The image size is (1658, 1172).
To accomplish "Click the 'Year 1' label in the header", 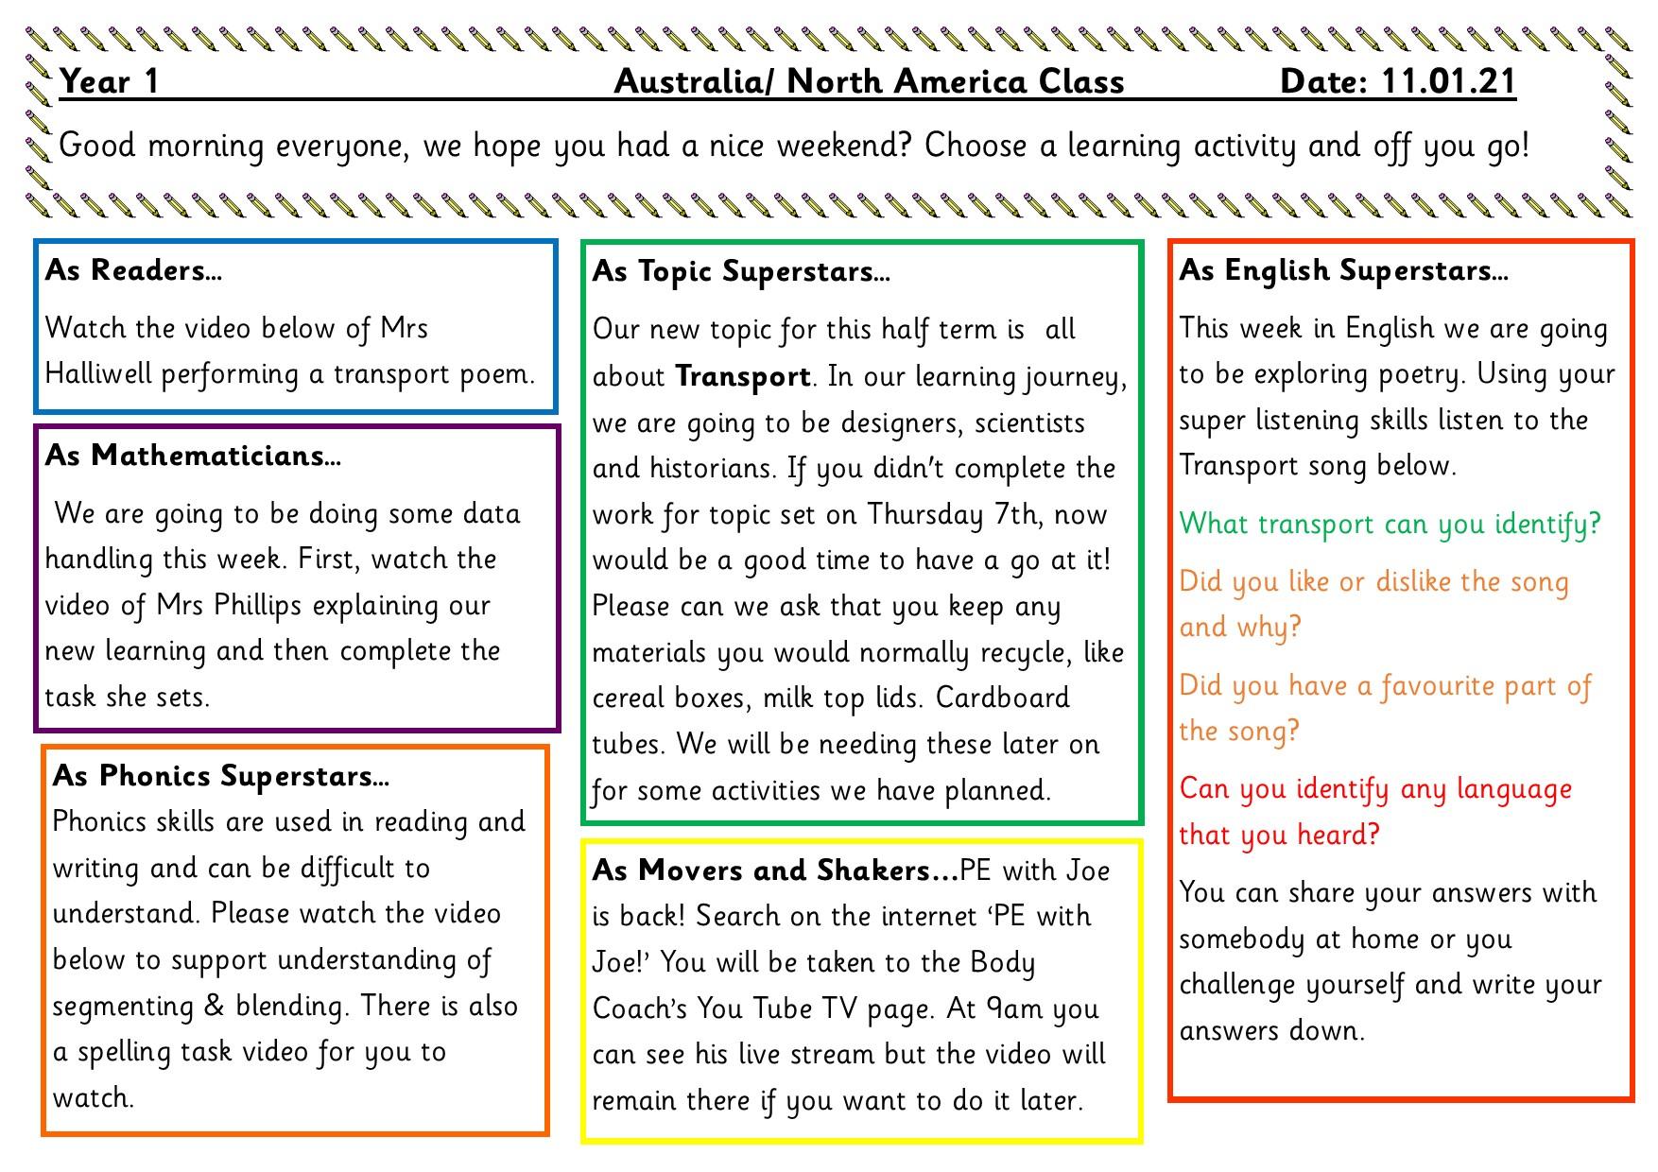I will (x=109, y=82).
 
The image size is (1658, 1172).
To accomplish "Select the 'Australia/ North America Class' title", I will (x=869, y=82).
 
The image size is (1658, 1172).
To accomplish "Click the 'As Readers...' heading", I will (x=133, y=271).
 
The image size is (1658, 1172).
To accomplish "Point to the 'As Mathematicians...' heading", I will (x=193, y=457).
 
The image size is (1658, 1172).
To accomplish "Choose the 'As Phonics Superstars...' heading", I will (x=220, y=776).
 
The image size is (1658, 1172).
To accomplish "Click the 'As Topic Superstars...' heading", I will (x=741, y=272).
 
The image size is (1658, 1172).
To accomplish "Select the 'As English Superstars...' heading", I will (x=1343, y=271).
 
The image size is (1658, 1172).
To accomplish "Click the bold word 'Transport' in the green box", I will (x=743, y=377).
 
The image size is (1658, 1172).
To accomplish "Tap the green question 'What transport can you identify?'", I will (x=1390, y=525).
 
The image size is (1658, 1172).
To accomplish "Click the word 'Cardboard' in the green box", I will (x=1002, y=698).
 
